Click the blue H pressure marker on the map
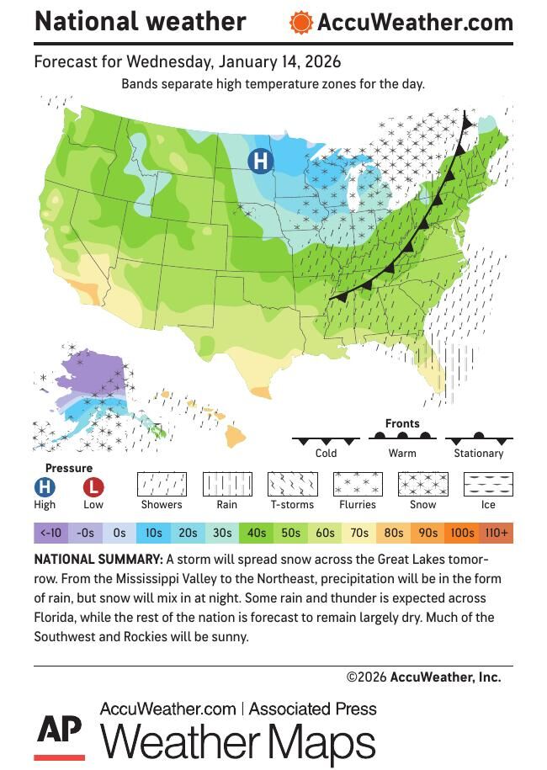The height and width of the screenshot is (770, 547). tap(261, 161)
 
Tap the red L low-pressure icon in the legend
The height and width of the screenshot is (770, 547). tap(93, 486)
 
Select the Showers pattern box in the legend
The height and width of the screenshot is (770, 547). tap(162, 484)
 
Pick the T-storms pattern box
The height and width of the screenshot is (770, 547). tap(292, 484)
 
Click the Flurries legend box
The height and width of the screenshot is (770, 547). tap(358, 484)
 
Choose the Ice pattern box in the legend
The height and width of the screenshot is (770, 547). tap(488, 484)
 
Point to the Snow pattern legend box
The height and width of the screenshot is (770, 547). tap(422, 484)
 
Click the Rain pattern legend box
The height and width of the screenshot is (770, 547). tap(226, 484)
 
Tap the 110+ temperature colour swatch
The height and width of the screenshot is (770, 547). tap(496, 533)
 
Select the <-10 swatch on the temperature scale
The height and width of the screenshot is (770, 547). tap(50, 533)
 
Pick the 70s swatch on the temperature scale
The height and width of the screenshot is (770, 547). tap(359, 533)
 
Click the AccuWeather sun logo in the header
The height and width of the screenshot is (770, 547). tap(300, 23)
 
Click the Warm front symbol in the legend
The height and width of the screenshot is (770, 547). tap(402, 438)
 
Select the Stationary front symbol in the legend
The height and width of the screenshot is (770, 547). tap(479, 438)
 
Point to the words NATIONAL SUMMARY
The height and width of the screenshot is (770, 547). tap(98, 560)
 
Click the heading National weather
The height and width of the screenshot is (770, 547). tap(140, 21)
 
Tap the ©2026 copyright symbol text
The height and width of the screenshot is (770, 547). tap(365, 677)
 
